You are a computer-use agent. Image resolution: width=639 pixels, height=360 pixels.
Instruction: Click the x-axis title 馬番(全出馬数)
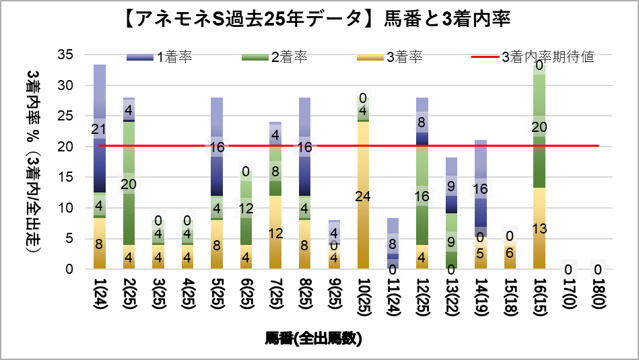coord(313,338)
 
